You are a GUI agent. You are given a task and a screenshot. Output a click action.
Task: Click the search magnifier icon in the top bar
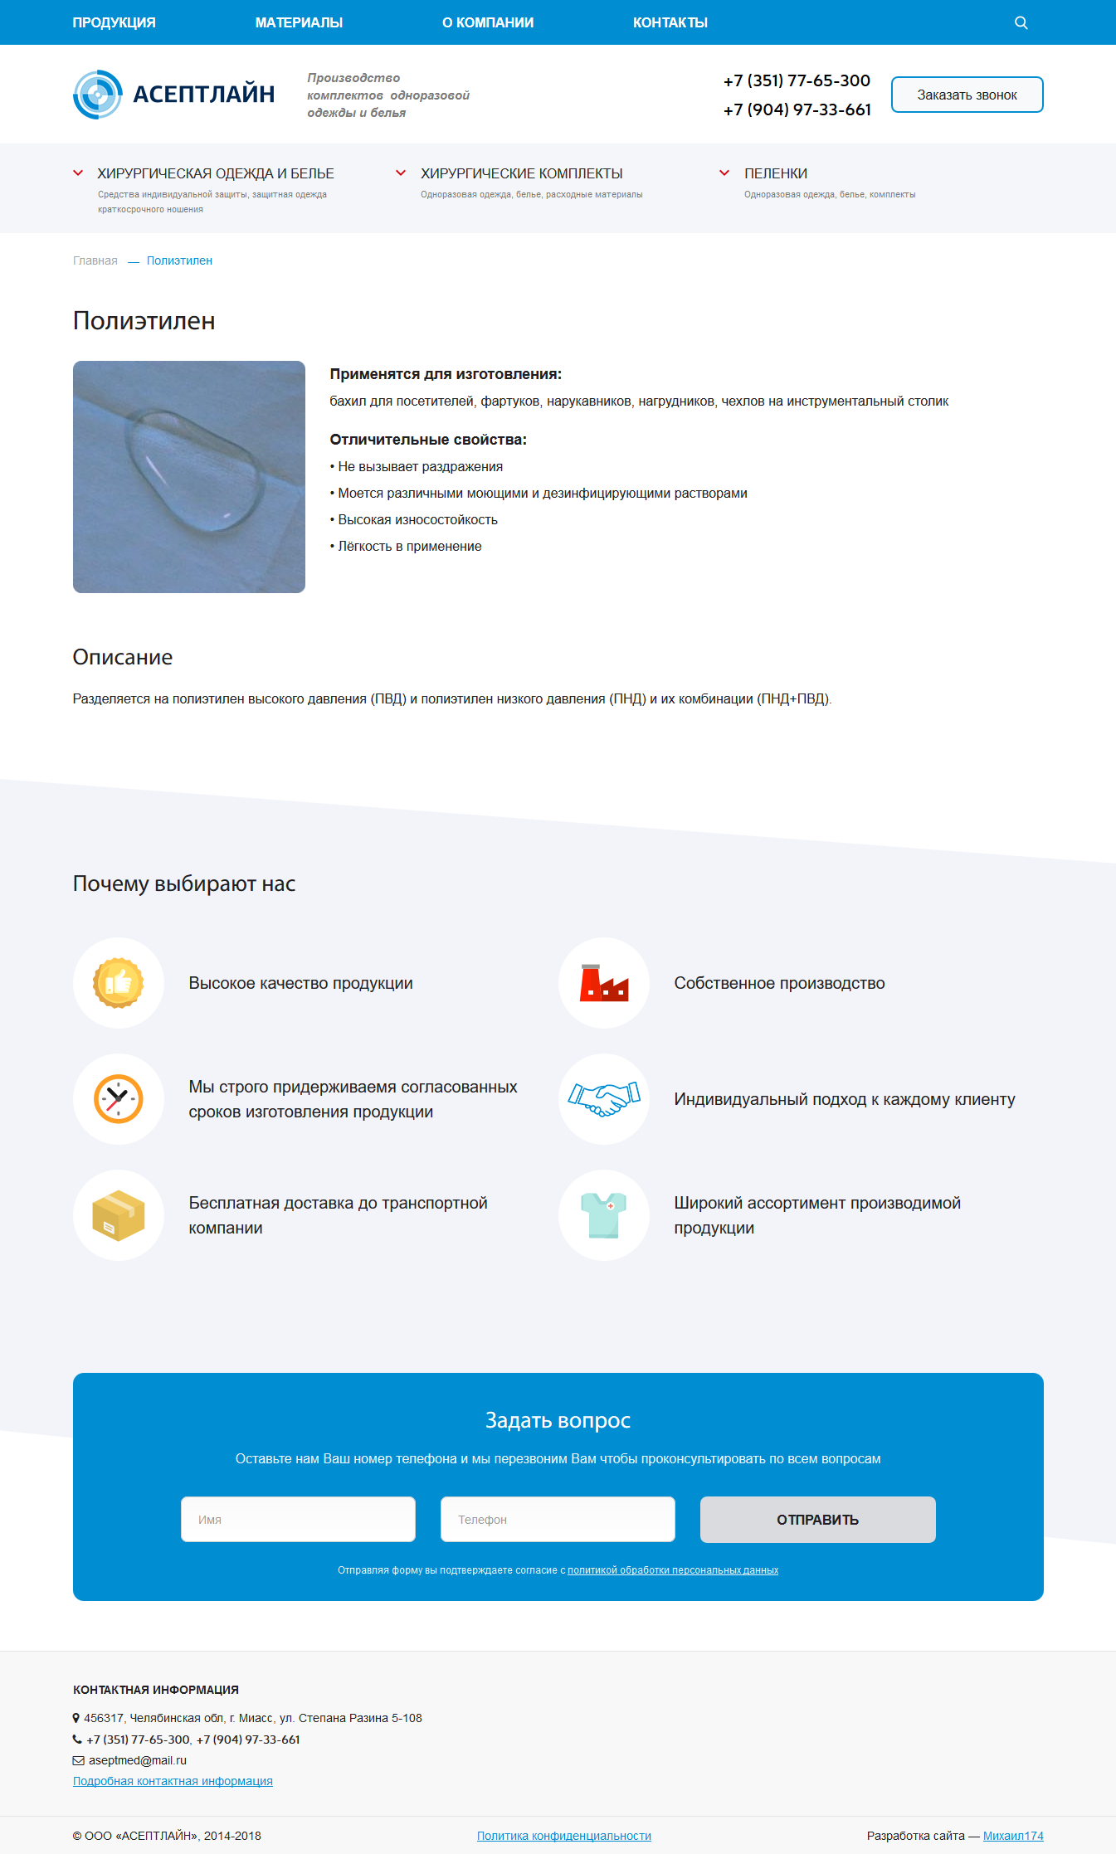click(1021, 23)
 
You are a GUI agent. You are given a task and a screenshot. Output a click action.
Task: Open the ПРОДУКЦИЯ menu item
click(114, 22)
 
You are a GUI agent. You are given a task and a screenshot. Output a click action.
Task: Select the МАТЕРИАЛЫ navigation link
click(299, 22)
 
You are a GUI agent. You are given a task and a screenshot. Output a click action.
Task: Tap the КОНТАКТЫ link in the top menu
click(670, 22)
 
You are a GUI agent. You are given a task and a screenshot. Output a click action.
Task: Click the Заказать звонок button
click(967, 95)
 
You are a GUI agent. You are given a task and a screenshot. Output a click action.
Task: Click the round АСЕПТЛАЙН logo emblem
click(98, 95)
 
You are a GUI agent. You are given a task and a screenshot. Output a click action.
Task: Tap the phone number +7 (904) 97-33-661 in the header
click(797, 109)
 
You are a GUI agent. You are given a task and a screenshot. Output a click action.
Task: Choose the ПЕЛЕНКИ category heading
click(775, 173)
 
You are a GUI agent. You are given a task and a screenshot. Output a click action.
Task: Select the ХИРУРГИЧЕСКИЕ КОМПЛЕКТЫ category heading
click(521, 173)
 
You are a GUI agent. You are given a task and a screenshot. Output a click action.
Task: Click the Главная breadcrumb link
click(95, 260)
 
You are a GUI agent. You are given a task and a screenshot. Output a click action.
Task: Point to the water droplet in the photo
click(195, 469)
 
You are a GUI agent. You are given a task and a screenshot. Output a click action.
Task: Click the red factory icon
click(603, 983)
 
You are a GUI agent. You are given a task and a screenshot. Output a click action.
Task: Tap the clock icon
click(118, 1099)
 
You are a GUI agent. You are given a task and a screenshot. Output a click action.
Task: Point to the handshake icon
click(603, 1099)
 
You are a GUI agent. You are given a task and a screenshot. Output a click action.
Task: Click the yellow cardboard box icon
click(118, 1215)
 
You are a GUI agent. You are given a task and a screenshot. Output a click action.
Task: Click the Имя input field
click(298, 1519)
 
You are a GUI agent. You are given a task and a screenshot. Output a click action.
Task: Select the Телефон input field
click(558, 1519)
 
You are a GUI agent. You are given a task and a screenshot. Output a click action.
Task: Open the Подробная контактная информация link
click(173, 1781)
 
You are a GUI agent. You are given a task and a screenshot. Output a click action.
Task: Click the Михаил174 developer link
click(1013, 1836)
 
